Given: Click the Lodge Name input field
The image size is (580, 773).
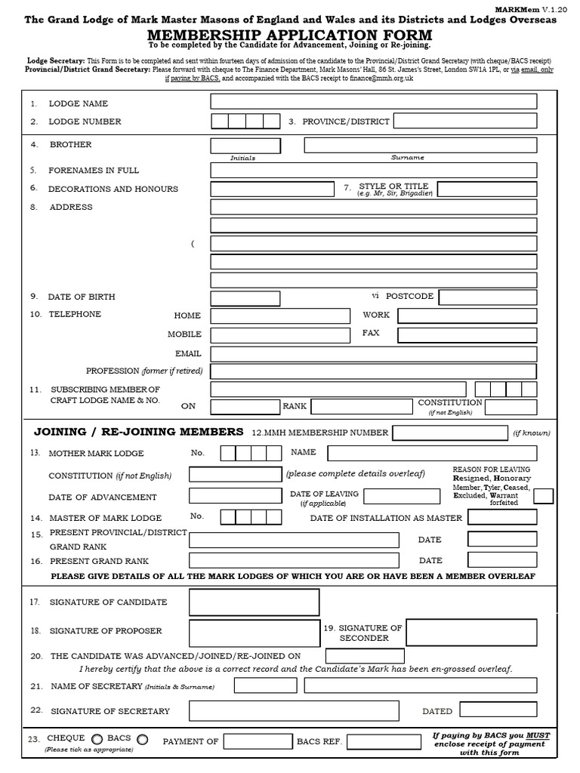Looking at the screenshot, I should pyautogui.click(x=373, y=102).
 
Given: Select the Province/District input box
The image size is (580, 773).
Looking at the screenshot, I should pyautogui.click(x=464, y=121).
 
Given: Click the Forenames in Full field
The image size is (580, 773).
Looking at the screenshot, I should pyautogui.click(x=373, y=170).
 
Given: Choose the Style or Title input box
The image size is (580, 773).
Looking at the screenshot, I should pyautogui.click(x=487, y=189).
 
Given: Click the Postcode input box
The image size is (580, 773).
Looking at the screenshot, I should pyautogui.click(x=488, y=296).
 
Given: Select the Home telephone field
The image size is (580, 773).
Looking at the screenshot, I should pyautogui.click(x=280, y=316).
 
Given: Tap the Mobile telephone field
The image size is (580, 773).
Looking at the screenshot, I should pyautogui.click(x=280, y=334).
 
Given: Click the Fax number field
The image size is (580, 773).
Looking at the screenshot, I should pyautogui.click(x=467, y=334).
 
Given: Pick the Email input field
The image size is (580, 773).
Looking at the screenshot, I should pyautogui.click(x=373, y=353).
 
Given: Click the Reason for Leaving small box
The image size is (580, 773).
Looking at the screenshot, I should pyautogui.click(x=543, y=495).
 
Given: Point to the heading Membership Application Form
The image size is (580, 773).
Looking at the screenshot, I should pyautogui.click(x=290, y=35).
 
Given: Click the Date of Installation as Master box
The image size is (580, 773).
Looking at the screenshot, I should pyautogui.click(x=502, y=517).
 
